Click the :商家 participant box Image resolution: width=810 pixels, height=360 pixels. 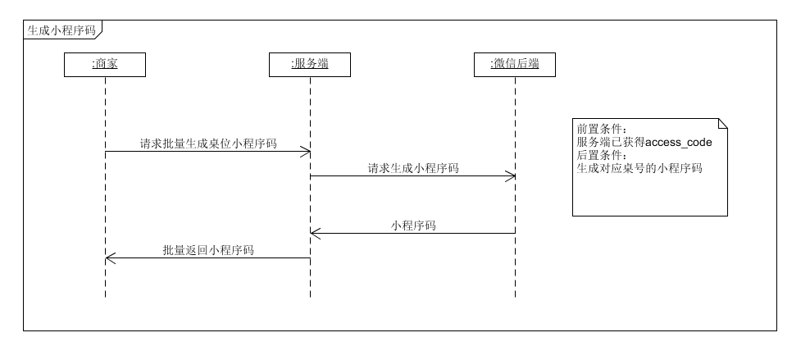click(105, 65)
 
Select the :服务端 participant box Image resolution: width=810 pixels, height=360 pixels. click(310, 65)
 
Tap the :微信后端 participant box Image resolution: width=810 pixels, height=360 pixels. click(515, 65)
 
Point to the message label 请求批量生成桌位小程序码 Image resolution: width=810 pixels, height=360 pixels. click(207, 144)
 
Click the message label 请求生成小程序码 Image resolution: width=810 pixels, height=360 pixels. click(412, 168)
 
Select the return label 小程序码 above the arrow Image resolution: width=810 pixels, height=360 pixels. click(412, 226)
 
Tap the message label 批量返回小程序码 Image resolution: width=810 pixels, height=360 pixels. click(207, 250)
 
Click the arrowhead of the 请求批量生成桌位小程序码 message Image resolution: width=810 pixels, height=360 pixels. click(306, 152)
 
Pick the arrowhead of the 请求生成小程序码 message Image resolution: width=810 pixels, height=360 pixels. click(511, 176)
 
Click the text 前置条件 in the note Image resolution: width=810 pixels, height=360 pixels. click(601, 130)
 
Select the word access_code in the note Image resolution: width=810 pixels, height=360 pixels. click(679, 143)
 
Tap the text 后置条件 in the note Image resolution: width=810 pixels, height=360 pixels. click(601, 156)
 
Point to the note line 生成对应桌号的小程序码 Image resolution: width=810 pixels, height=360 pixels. click(639, 169)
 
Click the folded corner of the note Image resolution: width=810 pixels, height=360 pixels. click(722, 124)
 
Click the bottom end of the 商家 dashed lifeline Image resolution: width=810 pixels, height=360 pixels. click(105, 296)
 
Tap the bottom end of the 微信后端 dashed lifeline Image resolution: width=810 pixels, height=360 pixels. click(515, 296)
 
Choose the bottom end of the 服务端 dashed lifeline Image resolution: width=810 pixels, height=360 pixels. click(310, 296)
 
